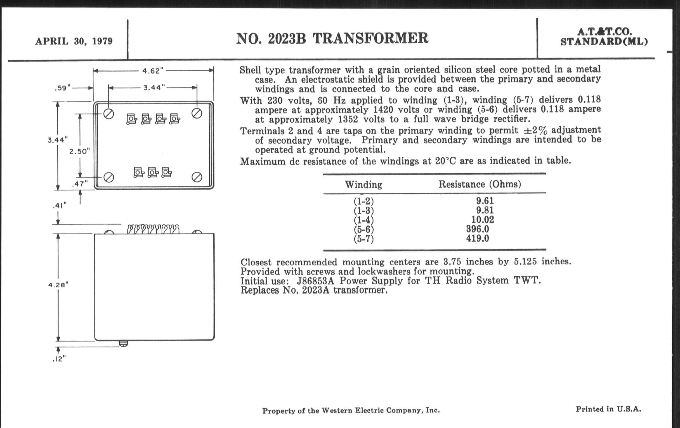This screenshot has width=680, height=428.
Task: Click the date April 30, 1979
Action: point(74,41)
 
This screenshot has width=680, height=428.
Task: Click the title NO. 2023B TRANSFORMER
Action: point(332,39)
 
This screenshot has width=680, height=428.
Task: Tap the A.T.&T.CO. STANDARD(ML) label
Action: point(604,37)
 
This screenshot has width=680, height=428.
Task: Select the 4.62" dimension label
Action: point(153,71)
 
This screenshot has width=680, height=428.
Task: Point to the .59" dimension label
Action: point(62,88)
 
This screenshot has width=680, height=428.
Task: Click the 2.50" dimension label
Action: point(79,151)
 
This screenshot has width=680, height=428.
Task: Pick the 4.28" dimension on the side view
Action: point(58,285)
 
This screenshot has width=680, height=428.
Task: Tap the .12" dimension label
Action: point(59,359)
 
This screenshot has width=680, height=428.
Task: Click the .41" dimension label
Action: point(60,206)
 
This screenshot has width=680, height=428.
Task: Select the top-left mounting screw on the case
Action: point(109,114)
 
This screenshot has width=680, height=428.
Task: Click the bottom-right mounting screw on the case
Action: point(197,177)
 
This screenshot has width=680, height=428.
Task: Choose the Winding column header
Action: point(363,185)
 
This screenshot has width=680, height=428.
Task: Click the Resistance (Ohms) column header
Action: point(480,184)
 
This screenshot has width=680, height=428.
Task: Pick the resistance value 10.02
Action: point(482,220)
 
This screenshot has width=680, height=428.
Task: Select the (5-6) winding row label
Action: point(363,229)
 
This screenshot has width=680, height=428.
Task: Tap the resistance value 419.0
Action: point(477,238)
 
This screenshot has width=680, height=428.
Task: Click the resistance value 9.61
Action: point(485,201)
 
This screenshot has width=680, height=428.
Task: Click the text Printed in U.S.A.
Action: point(608,409)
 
